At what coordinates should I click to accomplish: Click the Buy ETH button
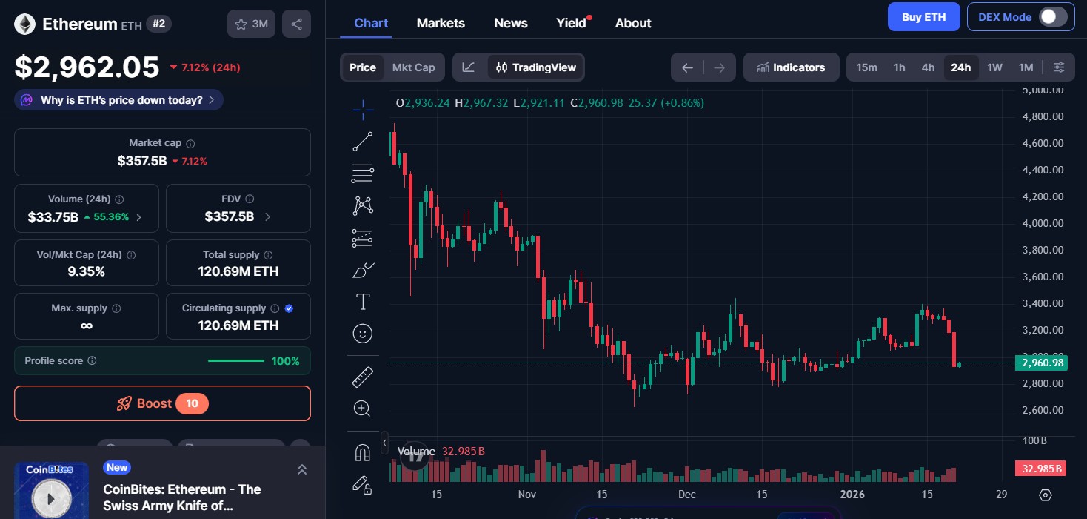[923, 17]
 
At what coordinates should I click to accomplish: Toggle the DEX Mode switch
[1052, 17]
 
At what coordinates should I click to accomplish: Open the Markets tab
[441, 23]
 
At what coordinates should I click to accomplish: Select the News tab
[510, 23]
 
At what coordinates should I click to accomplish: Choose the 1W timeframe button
[994, 67]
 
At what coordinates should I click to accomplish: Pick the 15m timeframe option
[866, 67]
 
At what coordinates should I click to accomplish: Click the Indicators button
[791, 67]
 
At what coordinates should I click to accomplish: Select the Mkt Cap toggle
[413, 67]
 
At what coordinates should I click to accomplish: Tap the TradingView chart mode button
[535, 67]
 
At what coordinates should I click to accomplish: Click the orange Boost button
[162, 403]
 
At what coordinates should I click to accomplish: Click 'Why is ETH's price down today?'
[118, 100]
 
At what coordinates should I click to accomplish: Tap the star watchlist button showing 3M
[251, 24]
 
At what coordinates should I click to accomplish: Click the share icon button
[296, 24]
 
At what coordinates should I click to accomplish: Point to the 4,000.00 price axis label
[1042, 223]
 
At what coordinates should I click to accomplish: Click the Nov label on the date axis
[526, 495]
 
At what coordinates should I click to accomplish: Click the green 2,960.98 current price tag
[1042, 363]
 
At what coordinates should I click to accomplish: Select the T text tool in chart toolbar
[363, 302]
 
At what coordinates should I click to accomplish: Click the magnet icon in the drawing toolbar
[362, 452]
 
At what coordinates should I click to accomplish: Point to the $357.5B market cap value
[141, 161]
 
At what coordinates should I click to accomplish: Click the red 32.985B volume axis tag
[1041, 469]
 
